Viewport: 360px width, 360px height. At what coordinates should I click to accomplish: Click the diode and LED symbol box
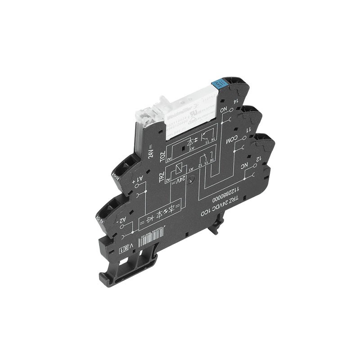tap(160, 213)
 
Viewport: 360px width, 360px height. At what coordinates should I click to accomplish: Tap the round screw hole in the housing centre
tap(191, 180)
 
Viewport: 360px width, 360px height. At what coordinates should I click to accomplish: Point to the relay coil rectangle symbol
tap(177, 169)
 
